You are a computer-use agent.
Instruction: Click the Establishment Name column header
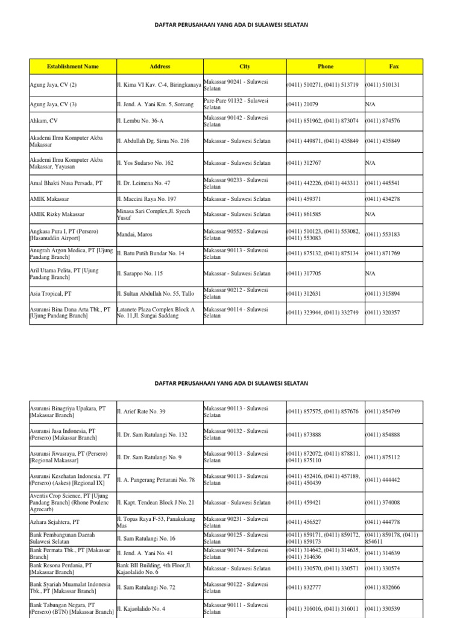click(x=72, y=66)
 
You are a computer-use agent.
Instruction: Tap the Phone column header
click(x=325, y=66)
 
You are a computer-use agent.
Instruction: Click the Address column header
click(x=160, y=66)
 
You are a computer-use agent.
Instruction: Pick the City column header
click(x=244, y=66)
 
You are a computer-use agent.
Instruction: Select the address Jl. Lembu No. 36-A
click(x=140, y=121)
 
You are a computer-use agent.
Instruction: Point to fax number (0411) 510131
click(x=382, y=85)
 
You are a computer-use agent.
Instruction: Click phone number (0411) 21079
click(x=303, y=104)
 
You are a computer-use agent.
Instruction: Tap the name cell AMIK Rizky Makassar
click(x=57, y=214)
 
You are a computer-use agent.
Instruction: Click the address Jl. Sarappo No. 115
click(x=140, y=273)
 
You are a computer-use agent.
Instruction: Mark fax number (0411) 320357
click(x=382, y=313)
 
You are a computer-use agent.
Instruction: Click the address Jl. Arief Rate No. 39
click(x=140, y=412)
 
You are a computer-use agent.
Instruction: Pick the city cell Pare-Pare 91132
click(x=236, y=104)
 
